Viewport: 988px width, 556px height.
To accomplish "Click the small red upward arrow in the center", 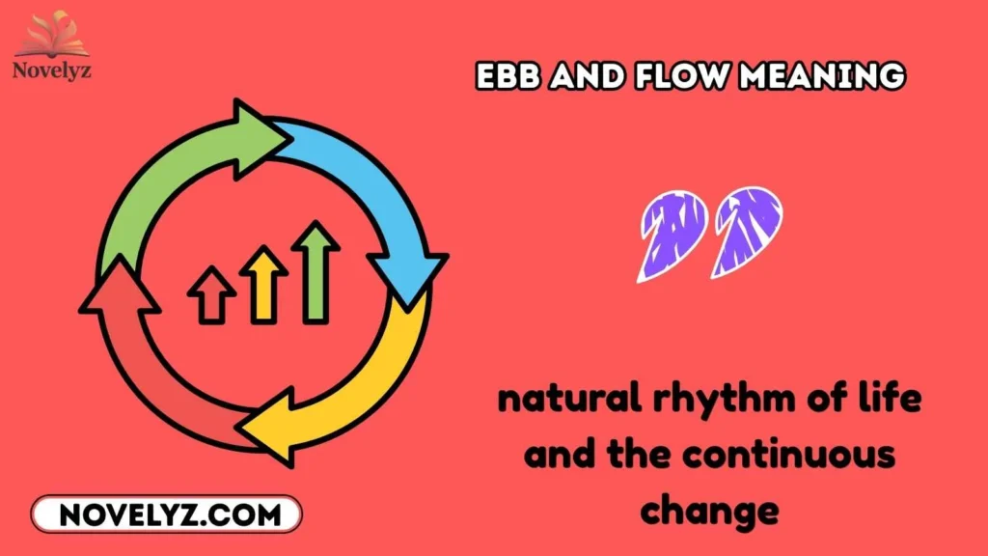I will tap(211, 294).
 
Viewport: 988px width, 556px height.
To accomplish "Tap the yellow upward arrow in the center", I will tap(263, 284).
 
